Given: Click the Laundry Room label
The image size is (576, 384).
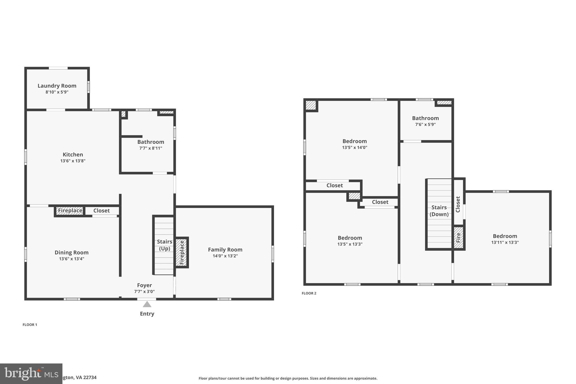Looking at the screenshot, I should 57,86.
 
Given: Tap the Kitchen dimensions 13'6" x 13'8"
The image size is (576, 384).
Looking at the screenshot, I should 73,161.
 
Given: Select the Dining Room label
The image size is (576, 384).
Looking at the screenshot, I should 71,253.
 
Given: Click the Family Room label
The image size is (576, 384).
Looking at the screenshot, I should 225,250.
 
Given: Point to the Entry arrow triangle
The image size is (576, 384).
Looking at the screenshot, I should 147,304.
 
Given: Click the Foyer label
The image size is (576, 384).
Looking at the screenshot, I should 144,285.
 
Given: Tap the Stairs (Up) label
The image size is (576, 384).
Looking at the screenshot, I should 165,245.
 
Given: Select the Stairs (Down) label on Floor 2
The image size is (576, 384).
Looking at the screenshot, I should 439,211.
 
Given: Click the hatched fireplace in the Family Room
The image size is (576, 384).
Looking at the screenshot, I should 182,252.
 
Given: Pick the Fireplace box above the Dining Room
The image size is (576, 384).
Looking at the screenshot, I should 70,211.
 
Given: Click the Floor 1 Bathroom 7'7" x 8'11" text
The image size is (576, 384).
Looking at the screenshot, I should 151,148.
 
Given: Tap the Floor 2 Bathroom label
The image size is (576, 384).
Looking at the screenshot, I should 425,118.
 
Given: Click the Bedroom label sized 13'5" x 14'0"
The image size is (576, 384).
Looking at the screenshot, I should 354,141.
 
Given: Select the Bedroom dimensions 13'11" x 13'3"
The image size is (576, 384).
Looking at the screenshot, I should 505,242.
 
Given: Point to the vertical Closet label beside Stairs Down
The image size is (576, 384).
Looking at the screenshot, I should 458,204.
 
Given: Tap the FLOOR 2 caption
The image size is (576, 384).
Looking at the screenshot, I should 309,293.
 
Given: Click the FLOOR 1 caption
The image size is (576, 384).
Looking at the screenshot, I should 30,325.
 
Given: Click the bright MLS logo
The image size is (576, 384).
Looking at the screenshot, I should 31,374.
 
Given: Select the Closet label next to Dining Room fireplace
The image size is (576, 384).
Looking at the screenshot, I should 102,211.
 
